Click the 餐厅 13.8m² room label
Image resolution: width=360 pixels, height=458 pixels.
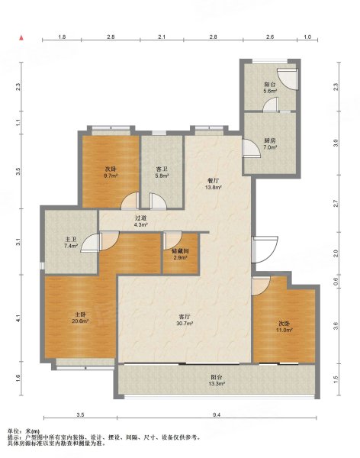(x=213, y=184)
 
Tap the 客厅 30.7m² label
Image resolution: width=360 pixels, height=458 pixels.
(x=185, y=320)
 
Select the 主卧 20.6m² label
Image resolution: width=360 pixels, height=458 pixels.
(x=80, y=318)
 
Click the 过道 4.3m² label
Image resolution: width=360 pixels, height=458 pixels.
(x=141, y=221)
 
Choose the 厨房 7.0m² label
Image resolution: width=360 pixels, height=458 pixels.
(x=270, y=144)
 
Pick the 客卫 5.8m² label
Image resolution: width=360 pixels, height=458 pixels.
(x=162, y=173)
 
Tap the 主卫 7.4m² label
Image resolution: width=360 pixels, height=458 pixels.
(x=71, y=243)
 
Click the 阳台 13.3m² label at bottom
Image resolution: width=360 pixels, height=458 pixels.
(x=217, y=380)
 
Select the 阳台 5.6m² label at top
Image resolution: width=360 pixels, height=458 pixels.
(x=270, y=87)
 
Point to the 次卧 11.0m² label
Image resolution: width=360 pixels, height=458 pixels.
(x=284, y=327)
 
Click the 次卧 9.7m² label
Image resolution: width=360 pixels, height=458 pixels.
(x=111, y=173)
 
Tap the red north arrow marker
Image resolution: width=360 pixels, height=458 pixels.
(x=21, y=37)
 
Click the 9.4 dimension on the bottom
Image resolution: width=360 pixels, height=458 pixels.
(x=217, y=414)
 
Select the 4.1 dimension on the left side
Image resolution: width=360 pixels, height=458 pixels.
(x=18, y=318)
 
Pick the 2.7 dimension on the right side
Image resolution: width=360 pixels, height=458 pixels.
(x=336, y=204)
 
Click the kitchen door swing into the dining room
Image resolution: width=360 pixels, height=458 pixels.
(x=251, y=148)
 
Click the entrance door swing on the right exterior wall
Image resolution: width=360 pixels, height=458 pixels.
(x=265, y=250)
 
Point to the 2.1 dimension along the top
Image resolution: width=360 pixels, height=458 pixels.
(x=162, y=37)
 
